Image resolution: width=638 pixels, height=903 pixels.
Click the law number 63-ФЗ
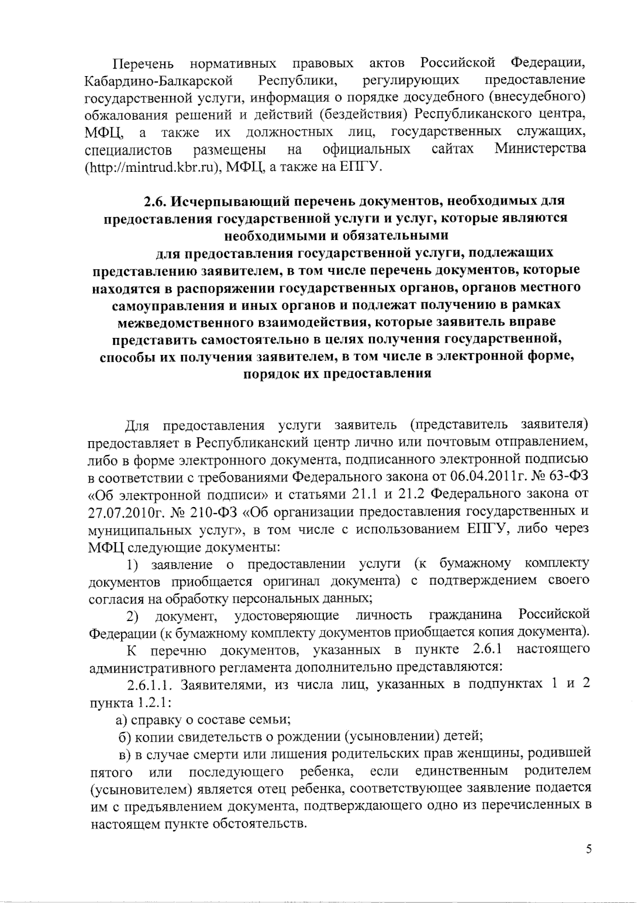(x=570, y=477)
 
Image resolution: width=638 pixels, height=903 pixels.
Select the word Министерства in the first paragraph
(x=540, y=148)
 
